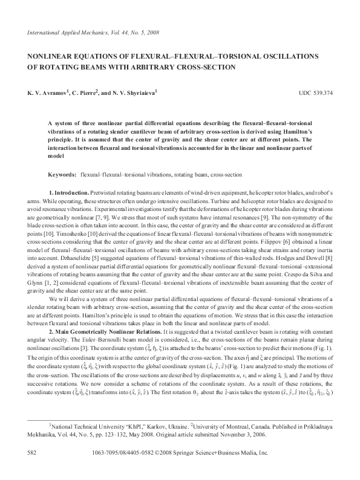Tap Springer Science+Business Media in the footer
click(225, 453)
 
